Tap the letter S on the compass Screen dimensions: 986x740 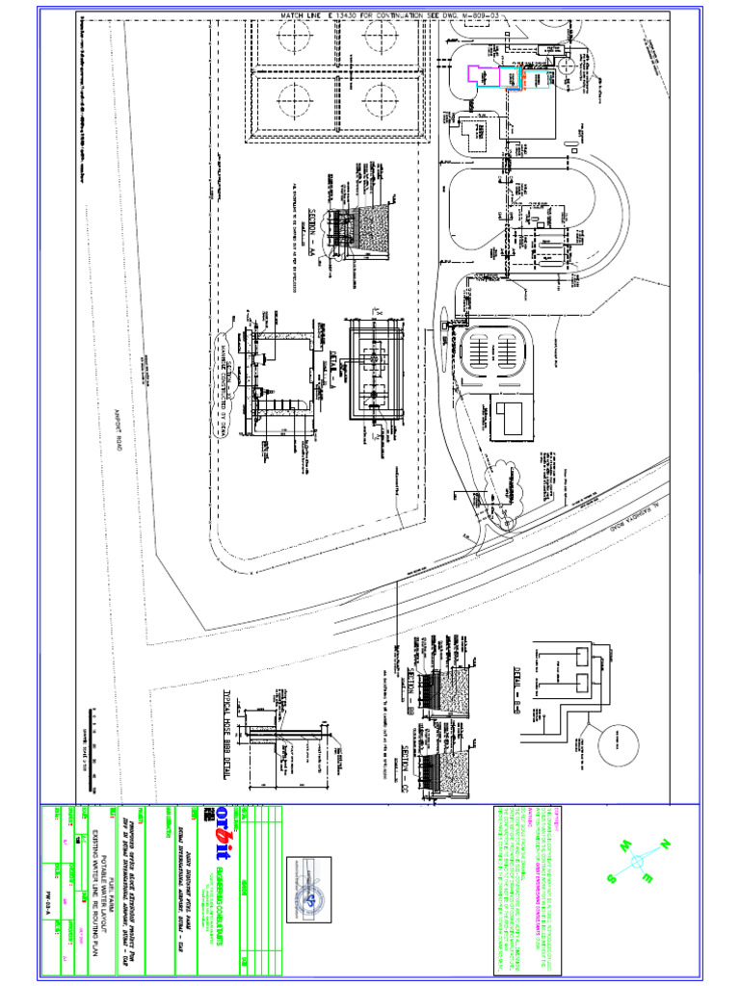[611, 878]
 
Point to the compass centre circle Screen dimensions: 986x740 [637, 862]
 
